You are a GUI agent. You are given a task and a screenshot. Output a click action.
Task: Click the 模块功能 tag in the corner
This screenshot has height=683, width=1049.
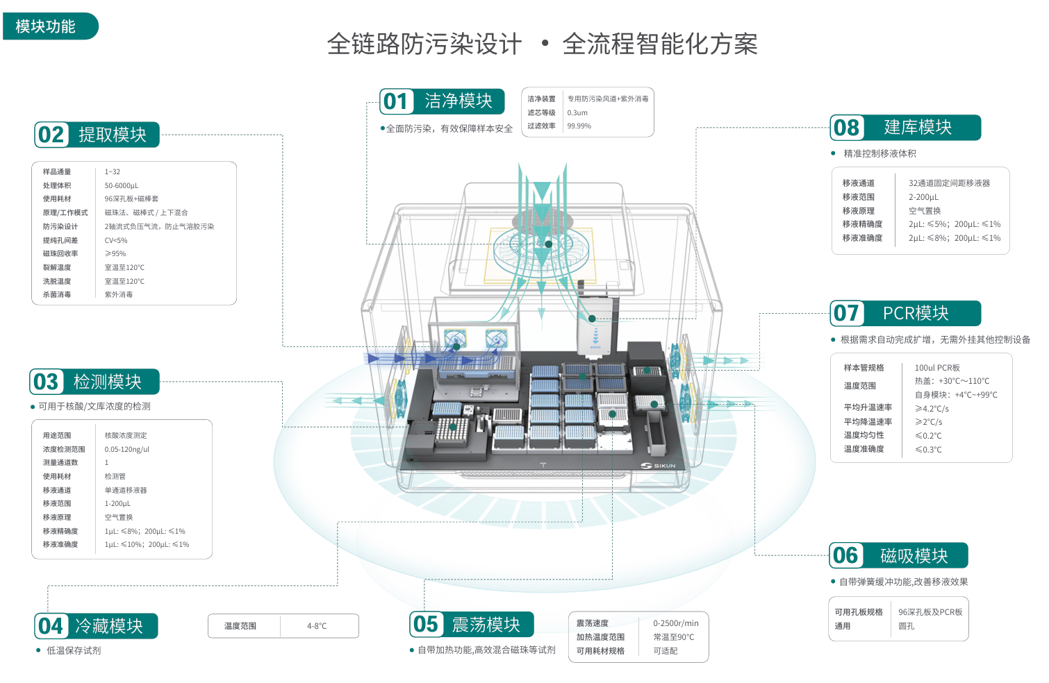47,26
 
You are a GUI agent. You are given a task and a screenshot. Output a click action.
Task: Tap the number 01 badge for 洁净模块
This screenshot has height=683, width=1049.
396,101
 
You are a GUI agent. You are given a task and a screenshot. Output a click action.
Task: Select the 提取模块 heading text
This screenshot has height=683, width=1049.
113,135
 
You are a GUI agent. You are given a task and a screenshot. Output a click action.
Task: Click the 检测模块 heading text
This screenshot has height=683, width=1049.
108,382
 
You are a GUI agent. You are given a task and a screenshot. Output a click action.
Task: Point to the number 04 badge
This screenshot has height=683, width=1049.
51,626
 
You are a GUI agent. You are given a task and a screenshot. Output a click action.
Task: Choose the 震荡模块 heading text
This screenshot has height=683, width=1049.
486,625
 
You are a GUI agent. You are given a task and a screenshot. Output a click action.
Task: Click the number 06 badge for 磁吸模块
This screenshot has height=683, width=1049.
845,555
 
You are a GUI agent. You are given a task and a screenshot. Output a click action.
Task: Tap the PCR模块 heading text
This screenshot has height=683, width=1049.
916,314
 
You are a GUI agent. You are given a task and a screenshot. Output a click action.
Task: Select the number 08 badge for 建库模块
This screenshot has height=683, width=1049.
847,128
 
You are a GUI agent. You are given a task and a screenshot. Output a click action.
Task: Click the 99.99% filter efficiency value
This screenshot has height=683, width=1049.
579,126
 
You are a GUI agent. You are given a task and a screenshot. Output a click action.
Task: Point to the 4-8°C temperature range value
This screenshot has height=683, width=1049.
317,626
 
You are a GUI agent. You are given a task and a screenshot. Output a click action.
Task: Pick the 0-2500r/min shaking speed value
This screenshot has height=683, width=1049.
676,623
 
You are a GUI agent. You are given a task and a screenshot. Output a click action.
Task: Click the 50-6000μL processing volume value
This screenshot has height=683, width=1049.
122,185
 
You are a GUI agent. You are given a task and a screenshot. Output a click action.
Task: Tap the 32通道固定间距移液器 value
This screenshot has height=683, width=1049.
949,183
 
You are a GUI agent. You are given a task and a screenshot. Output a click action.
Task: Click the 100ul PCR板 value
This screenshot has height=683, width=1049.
937,368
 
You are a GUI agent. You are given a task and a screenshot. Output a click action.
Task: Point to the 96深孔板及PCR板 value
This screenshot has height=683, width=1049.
930,612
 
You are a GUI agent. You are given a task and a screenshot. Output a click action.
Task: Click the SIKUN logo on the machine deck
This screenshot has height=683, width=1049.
659,465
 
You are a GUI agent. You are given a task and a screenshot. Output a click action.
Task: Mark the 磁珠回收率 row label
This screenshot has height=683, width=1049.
60,254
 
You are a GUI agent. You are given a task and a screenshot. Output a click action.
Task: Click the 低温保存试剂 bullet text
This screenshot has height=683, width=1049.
74,650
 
